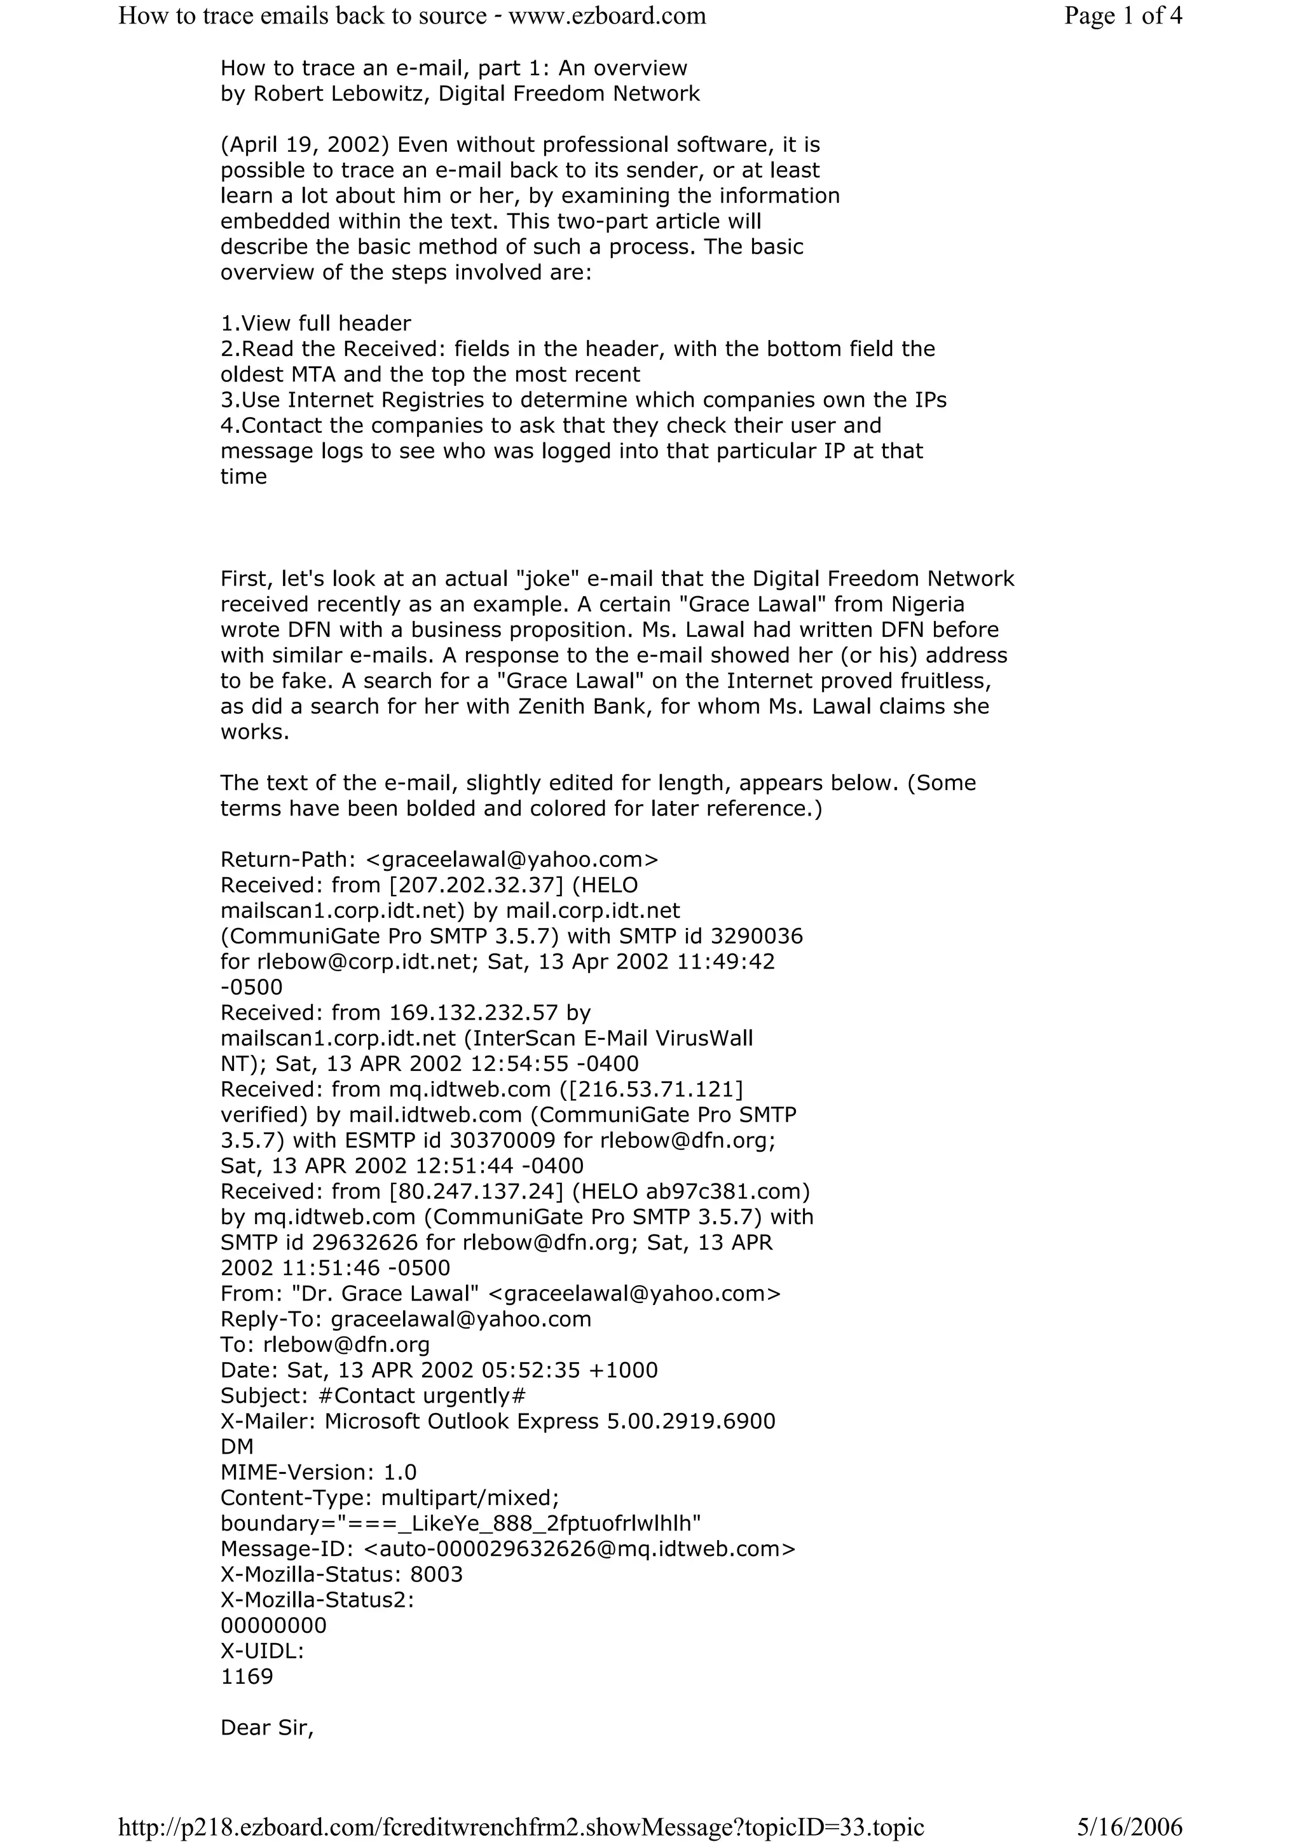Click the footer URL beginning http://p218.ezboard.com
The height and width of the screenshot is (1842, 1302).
pyautogui.click(x=521, y=1827)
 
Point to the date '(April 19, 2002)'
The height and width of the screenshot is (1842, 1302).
pyautogui.click(x=306, y=145)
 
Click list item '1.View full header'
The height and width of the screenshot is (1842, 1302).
pyautogui.click(x=315, y=324)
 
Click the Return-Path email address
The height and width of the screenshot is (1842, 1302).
pyautogui.click(x=512, y=859)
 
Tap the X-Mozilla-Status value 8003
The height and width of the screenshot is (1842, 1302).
pyautogui.click(x=436, y=1575)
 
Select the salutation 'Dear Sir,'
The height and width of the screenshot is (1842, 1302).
pyautogui.click(x=266, y=1728)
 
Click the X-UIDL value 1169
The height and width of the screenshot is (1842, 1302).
pyautogui.click(x=247, y=1677)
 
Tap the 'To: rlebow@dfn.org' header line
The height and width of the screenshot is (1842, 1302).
pyautogui.click(x=325, y=1344)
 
